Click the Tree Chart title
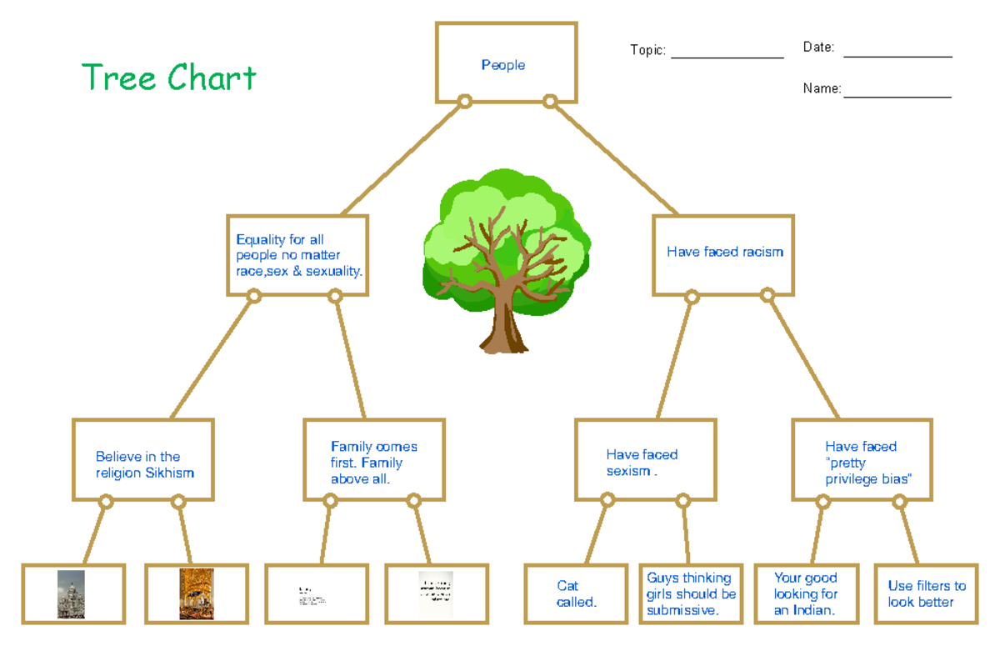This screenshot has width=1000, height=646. click(x=169, y=78)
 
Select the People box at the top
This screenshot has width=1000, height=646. click(x=505, y=63)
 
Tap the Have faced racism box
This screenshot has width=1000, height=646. click(x=723, y=253)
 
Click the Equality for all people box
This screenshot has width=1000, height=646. click(x=297, y=255)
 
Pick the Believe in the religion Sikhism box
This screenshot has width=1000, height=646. click(x=143, y=463)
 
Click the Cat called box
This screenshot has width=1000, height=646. click(x=575, y=593)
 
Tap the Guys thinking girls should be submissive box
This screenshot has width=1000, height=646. click(x=691, y=593)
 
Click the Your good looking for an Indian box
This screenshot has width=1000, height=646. click(x=805, y=593)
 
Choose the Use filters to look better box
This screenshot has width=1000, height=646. click(x=926, y=593)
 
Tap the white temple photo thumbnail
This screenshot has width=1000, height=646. click(x=71, y=593)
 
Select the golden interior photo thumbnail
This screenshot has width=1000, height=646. click(x=196, y=593)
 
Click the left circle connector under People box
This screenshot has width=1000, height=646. click(x=465, y=102)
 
